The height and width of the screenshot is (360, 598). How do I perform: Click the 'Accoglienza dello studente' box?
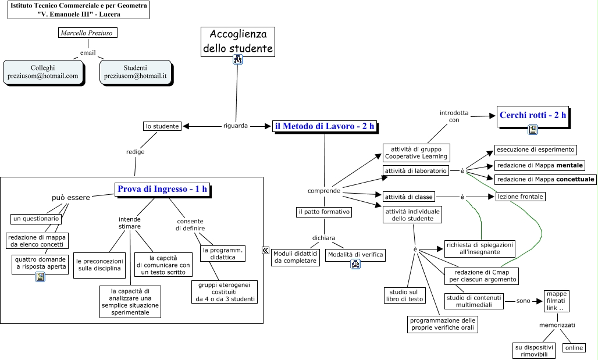tap(238, 41)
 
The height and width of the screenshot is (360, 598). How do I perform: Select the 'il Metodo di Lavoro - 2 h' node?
tap(325, 126)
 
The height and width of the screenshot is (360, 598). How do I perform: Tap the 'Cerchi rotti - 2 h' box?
tap(533, 115)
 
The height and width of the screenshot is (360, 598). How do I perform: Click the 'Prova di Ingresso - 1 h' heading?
tap(162, 189)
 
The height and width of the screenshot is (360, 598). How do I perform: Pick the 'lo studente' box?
tap(162, 126)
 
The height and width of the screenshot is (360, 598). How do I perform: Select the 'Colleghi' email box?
tap(42, 72)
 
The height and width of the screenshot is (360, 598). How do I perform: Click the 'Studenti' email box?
tap(135, 72)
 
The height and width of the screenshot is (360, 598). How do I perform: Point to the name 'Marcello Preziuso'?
tap(88, 33)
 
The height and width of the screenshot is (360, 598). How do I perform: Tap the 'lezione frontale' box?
tap(520, 197)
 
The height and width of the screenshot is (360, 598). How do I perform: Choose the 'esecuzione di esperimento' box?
tap(535, 149)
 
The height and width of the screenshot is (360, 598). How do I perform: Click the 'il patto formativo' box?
tap(323, 212)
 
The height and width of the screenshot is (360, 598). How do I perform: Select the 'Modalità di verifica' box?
tap(355, 254)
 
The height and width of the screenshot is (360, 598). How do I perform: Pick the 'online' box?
tap(573, 348)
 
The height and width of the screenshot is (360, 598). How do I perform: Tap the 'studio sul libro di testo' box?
tap(404, 295)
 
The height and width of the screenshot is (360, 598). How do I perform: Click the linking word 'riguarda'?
tap(236, 126)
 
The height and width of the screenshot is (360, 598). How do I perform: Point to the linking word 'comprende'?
tap(324, 191)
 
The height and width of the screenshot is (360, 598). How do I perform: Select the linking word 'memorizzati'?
tap(557, 325)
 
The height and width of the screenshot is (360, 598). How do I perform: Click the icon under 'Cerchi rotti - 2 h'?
tap(532, 130)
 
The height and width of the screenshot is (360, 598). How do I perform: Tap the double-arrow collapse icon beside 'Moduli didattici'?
tap(265, 250)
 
